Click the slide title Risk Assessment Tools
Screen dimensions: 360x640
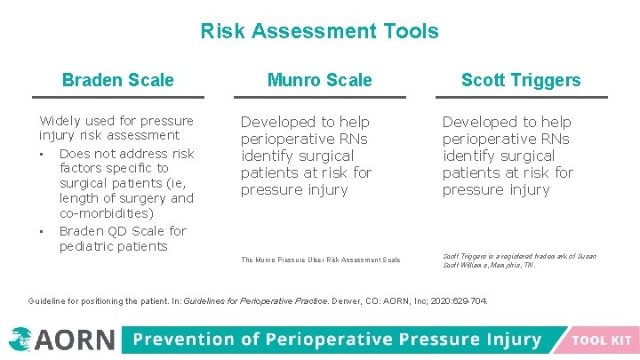pyautogui.click(x=319, y=32)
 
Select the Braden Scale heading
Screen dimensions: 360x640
pyautogui.click(x=118, y=80)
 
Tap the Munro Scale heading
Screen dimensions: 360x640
pyautogui.click(x=319, y=80)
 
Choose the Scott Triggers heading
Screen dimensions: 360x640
pyautogui.click(x=520, y=80)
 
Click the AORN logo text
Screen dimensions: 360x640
pyautogui.click(x=75, y=340)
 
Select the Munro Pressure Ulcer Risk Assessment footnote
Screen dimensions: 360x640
pyautogui.click(x=320, y=260)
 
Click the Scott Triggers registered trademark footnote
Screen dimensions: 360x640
pyautogui.click(x=519, y=260)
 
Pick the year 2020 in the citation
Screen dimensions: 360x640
pyautogui.click(x=439, y=301)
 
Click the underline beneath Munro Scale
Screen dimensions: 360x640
pyautogui.click(x=319, y=97)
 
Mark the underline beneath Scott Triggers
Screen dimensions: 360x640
pyautogui.click(x=520, y=97)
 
